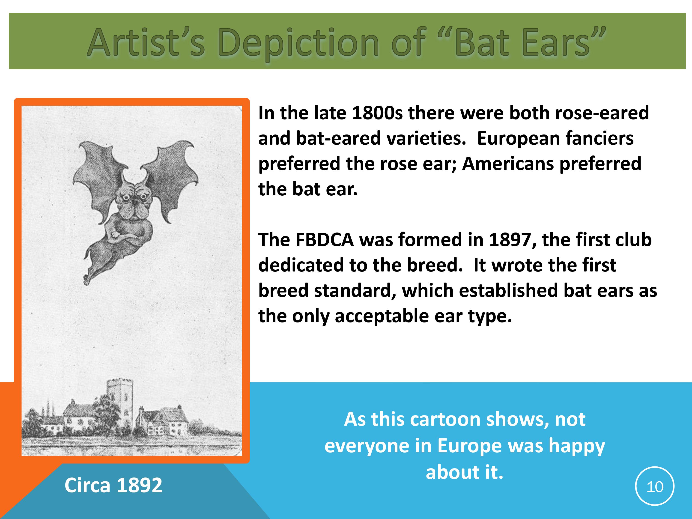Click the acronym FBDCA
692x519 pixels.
coord(325,240)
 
